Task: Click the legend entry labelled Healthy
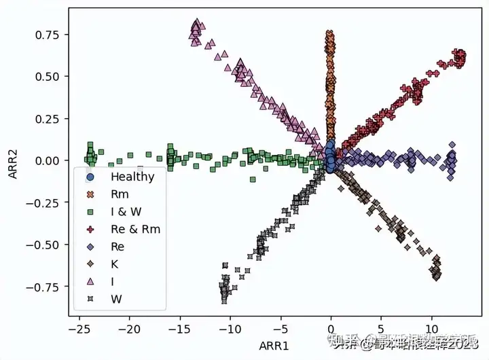pyautogui.click(x=132, y=177)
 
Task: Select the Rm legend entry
pyautogui.click(x=120, y=194)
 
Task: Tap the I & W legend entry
pyautogui.click(x=126, y=212)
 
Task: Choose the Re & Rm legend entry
pyautogui.click(x=135, y=229)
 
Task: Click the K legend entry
pyautogui.click(x=115, y=264)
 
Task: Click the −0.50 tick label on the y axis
pyautogui.click(x=46, y=245)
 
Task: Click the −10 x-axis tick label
pyautogui.click(x=230, y=329)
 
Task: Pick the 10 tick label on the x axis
pyautogui.click(x=431, y=329)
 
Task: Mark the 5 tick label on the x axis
pyautogui.click(x=381, y=329)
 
